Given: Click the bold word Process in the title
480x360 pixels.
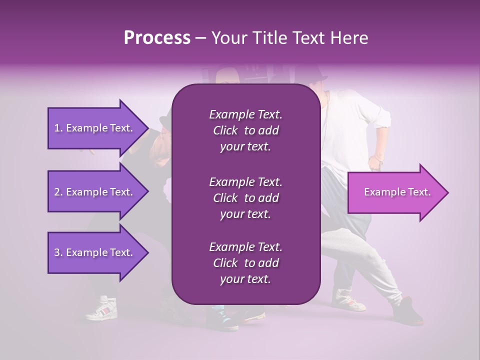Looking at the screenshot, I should tap(157, 38).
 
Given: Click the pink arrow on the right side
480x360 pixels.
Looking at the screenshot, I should tap(397, 192).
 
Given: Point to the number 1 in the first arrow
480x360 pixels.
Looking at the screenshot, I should tap(57, 128).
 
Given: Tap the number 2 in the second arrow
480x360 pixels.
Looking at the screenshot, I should tap(57, 192).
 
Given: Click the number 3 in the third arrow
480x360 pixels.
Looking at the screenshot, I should tap(57, 252).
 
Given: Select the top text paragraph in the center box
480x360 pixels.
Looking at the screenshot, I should tap(245, 130).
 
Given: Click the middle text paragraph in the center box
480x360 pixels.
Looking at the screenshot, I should tap(245, 197).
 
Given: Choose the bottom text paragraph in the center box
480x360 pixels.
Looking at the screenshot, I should tap(245, 263).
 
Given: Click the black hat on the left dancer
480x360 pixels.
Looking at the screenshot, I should tap(164, 122).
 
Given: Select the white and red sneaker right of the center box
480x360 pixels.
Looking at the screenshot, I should tap(347, 299).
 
